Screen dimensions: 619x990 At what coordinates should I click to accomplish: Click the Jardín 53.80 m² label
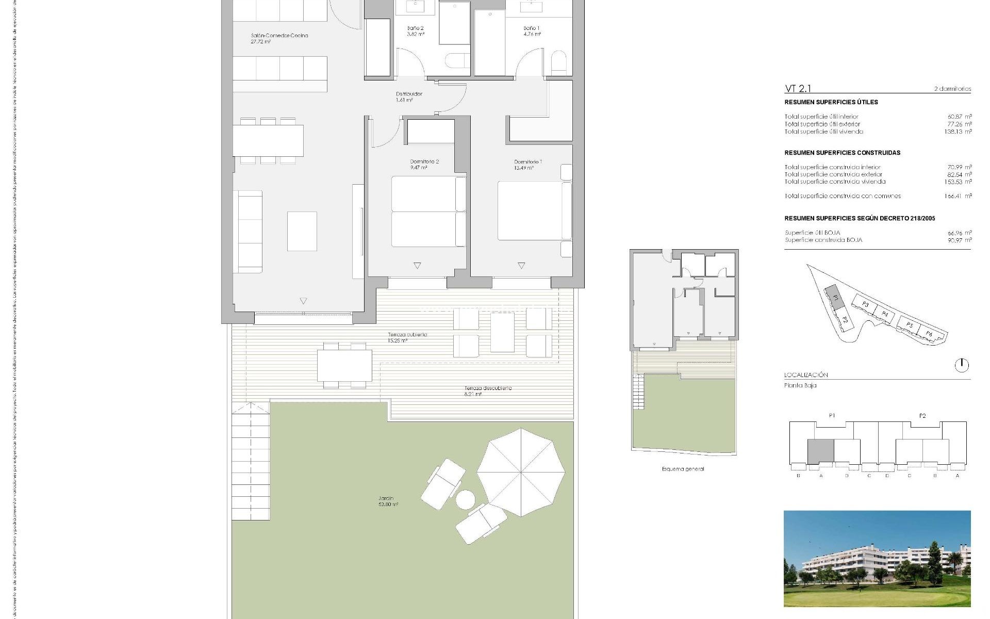tap(387, 501)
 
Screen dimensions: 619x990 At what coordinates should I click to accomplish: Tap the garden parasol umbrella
tap(521, 472)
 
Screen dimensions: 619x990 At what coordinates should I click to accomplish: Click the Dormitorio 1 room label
tap(527, 165)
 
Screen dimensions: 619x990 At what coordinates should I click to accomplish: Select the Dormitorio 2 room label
tap(424, 165)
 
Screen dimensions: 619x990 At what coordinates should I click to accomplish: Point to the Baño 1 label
tap(532, 31)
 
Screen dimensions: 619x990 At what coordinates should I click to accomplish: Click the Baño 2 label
tap(416, 31)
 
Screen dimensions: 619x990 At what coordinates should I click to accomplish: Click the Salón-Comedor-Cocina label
tap(279, 39)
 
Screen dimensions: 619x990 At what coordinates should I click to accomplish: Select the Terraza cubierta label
tap(407, 337)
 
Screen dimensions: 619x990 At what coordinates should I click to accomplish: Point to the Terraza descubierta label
tap(487, 391)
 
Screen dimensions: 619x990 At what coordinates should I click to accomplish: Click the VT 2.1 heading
tap(798, 89)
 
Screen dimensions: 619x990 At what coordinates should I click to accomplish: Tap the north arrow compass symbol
tap(962, 365)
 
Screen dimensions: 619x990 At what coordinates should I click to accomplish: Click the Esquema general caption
tap(682, 469)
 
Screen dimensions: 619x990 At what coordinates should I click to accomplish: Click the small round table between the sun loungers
tap(466, 500)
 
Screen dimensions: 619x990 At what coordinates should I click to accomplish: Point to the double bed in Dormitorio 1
tap(531, 210)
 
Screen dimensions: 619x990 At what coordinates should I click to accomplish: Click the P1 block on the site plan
tap(832, 296)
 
